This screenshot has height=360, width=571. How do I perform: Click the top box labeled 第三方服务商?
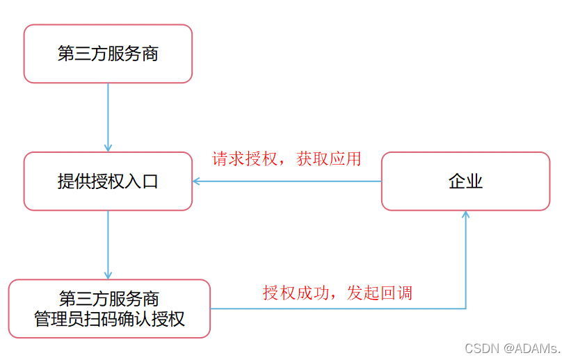(x=108, y=54)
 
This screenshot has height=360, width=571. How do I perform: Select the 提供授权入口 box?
(x=108, y=181)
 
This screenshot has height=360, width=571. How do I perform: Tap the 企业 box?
(x=465, y=181)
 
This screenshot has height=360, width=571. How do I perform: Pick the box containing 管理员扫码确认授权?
(x=109, y=309)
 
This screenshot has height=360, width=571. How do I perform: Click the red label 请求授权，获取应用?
(x=287, y=158)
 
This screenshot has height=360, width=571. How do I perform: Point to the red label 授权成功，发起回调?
(x=337, y=293)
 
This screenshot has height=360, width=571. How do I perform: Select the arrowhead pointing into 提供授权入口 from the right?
(x=197, y=181)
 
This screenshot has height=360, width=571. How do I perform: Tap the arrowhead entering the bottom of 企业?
(x=465, y=215)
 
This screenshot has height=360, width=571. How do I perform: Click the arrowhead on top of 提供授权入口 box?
(x=108, y=147)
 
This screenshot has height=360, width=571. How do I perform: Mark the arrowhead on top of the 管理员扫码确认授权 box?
(x=108, y=275)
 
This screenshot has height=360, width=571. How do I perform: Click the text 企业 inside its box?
(x=465, y=181)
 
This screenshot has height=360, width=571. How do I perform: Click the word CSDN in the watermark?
(x=479, y=347)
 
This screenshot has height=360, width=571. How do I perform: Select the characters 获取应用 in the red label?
(x=328, y=158)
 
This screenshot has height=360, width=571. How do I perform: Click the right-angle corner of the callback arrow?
(x=465, y=309)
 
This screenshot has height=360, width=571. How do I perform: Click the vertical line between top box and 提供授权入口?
(x=108, y=115)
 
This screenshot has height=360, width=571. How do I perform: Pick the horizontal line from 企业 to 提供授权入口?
(x=289, y=181)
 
